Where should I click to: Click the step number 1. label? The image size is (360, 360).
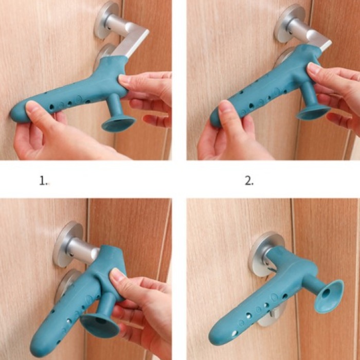pos(43,181)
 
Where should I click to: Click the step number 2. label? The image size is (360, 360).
pos(249,181)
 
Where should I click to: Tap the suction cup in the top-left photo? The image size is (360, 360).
pos(118,124)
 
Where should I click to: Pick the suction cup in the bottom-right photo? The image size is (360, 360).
pos(329,296)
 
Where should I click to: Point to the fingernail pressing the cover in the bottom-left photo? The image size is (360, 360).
pos(115,274)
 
